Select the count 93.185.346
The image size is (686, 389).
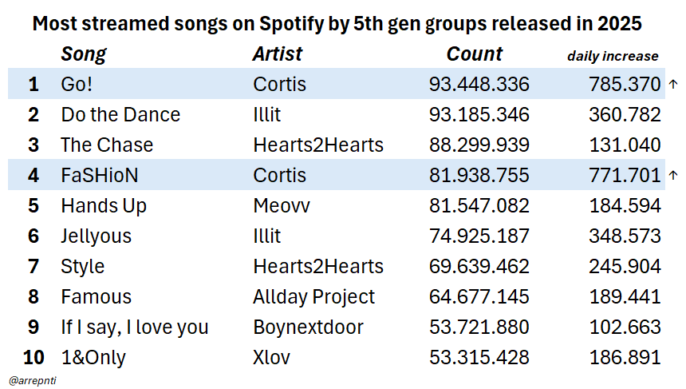479,114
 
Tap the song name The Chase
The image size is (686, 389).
107,145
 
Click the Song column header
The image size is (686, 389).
84,54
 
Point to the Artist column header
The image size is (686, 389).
278,54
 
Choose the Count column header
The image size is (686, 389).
475,54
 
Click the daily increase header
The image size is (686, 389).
613,56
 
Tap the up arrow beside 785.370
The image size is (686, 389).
673,84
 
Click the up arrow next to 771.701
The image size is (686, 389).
673,175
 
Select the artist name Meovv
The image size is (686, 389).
282,205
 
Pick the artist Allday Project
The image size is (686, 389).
313,296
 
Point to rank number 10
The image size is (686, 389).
33,357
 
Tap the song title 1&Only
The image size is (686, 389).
93,357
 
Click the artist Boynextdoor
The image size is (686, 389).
308,327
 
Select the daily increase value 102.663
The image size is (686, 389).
625,327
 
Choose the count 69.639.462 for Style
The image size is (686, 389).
479,266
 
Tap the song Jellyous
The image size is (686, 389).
96,236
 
